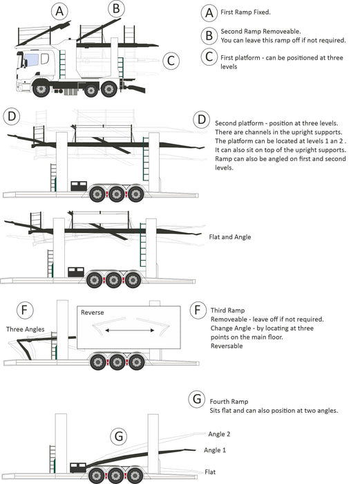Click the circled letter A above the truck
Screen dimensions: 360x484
click(x=59, y=12)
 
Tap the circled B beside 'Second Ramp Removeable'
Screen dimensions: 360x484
click(x=209, y=35)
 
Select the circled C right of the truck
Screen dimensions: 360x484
click(x=171, y=61)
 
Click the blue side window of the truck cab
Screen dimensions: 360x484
click(x=32, y=59)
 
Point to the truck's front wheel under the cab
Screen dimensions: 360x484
click(x=41, y=89)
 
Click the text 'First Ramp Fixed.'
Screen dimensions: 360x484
click(x=245, y=12)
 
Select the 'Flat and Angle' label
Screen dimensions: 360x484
click(x=230, y=237)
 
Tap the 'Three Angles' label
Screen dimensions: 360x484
click(x=26, y=329)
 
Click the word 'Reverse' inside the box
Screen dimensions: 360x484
click(x=92, y=313)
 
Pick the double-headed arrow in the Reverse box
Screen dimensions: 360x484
click(x=130, y=331)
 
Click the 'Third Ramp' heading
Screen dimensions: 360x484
click(x=227, y=310)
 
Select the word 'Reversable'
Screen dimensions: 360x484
click(x=227, y=346)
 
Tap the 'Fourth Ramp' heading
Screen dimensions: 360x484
click(x=229, y=402)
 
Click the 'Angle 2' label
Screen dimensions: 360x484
click(x=219, y=434)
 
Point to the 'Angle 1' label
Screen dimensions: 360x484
click(x=215, y=450)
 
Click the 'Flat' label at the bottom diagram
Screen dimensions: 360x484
click(x=210, y=472)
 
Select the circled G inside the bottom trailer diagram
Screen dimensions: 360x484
click(x=119, y=436)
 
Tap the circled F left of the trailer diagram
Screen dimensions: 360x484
click(x=25, y=310)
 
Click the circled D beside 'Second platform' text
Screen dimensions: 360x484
click(x=202, y=120)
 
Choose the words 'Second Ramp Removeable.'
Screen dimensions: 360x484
click(x=260, y=32)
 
